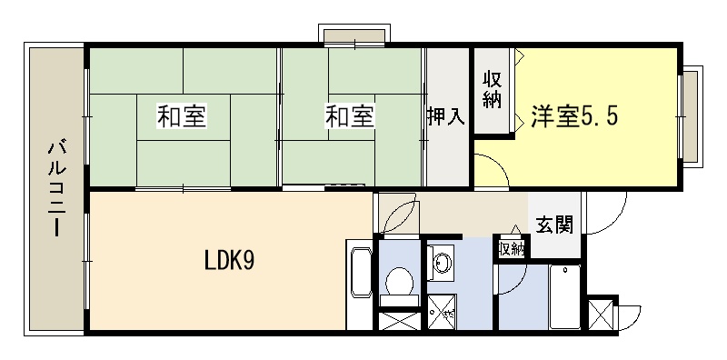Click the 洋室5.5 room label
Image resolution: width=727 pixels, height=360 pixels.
574,116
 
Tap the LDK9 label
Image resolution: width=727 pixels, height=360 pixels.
229,262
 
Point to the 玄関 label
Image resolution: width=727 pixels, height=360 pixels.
554,225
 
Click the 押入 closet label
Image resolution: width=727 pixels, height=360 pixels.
445,116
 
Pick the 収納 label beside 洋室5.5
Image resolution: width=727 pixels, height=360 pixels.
492,90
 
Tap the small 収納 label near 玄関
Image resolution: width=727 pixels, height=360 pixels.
512,250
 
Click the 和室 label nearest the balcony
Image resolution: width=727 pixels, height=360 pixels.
182,116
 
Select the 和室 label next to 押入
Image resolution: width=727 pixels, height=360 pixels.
350,116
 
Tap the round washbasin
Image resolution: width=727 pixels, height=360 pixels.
442,264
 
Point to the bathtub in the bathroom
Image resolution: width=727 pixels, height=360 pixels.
564,297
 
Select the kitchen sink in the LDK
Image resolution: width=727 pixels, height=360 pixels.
361,273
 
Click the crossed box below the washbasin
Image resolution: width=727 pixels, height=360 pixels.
443,312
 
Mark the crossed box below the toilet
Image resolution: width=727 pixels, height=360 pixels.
399,321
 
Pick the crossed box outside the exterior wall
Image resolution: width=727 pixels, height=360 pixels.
600,315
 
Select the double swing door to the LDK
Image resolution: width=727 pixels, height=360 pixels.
399,214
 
